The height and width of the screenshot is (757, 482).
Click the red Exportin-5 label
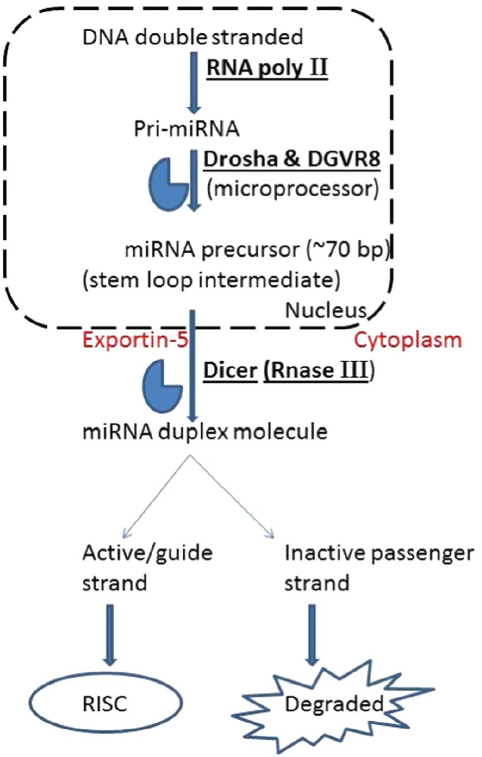[135, 340]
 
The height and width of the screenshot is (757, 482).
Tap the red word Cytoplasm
[408, 340]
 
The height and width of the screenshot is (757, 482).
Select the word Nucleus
[326, 310]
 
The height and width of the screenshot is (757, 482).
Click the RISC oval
[107, 703]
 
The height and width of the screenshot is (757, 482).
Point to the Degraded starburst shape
[333, 704]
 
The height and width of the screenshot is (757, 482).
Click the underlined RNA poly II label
[267, 68]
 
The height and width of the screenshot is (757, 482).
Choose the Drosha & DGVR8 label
[292, 159]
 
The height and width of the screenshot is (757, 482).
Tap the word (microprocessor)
[292, 189]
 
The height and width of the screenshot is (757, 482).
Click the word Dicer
[230, 370]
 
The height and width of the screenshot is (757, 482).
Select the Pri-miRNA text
[187, 129]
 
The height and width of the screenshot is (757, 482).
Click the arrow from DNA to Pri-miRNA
[194, 83]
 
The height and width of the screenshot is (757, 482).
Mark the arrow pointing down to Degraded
[312, 635]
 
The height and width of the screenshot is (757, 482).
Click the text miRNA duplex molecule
[205, 432]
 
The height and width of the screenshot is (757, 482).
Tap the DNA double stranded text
[193, 37]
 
